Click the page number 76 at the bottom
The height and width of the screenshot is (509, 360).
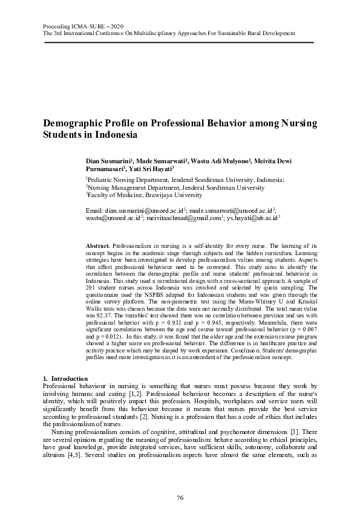180,497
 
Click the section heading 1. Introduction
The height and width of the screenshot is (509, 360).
66,378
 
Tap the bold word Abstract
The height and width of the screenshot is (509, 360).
98,246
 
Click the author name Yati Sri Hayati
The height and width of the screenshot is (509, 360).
151,170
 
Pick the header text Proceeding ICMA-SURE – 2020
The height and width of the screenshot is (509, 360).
83,27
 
